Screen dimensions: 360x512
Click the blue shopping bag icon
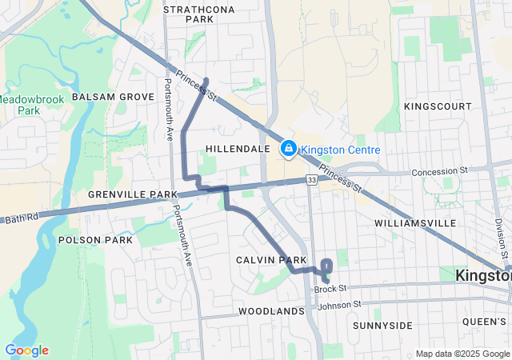pyautogui.click(x=288, y=149)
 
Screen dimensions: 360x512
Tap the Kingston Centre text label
pyautogui.click(x=340, y=150)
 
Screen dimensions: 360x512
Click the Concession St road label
pyautogui.click(x=439, y=171)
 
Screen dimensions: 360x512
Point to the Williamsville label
pyautogui.click(x=414, y=222)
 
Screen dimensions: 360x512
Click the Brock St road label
pyautogui.click(x=330, y=288)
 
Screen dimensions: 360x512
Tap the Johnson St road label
pyautogui.click(x=340, y=305)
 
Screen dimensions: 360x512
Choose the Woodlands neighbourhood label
pyautogui.click(x=271, y=310)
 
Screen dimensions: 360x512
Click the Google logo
pyautogui.click(x=26, y=350)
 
